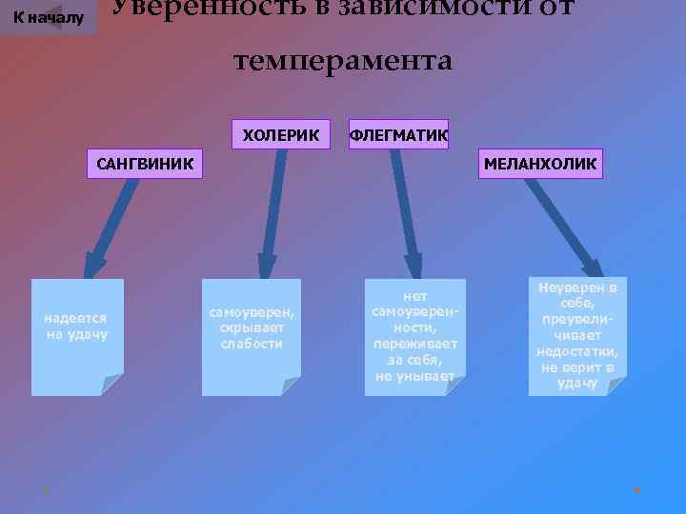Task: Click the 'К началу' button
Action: pos(48,17)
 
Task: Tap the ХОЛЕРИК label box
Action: pos(282,135)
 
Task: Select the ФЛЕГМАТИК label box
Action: pos(398,135)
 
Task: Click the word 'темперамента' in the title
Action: pos(343,61)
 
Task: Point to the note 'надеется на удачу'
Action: pos(77,328)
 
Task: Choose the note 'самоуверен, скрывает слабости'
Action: pos(252,328)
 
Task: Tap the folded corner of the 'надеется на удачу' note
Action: pos(112,385)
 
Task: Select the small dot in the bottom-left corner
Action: pos(44,490)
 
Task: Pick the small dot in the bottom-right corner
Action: pos(637,490)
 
